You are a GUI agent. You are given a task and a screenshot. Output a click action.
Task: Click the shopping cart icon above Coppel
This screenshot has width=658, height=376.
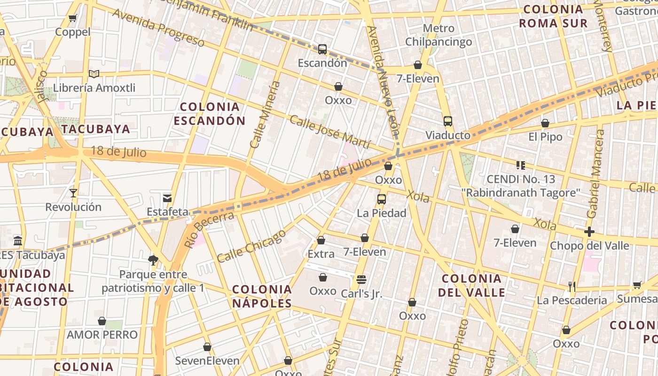pyautogui.click(x=72, y=18)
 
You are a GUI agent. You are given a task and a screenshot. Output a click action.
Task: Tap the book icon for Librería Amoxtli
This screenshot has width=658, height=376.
pyautogui.click(x=94, y=74)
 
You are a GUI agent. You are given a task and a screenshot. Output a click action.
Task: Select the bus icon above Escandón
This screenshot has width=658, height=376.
pyautogui.click(x=322, y=49)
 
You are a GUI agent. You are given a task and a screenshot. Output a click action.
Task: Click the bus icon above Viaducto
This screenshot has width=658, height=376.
pyautogui.click(x=448, y=121)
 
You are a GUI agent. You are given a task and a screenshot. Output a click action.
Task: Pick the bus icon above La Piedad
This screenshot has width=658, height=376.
pyautogui.click(x=382, y=199)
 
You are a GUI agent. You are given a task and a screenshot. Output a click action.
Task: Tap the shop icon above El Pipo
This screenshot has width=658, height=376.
pyautogui.click(x=545, y=124)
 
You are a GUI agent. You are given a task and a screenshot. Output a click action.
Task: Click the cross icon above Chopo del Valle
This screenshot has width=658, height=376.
pyautogui.click(x=589, y=232)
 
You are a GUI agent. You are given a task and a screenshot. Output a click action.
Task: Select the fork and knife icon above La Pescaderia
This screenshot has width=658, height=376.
pyautogui.click(x=572, y=286)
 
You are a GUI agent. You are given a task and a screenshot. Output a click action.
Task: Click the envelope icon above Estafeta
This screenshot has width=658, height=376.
pyautogui.click(x=167, y=198)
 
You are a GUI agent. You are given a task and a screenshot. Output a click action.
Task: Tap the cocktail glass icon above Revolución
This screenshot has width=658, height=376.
pyautogui.click(x=73, y=193)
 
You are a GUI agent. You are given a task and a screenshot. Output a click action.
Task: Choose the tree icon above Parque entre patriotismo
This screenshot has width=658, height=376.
pyautogui.click(x=153, y=260)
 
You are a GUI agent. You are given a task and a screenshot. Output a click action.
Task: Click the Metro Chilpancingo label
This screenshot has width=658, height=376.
pyautogui.click(x=439, y=35)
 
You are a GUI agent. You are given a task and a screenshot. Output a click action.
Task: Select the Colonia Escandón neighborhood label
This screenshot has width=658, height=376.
pyautogui.click(x=209, y=114)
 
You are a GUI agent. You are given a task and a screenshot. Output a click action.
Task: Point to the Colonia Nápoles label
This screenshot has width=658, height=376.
pyautogui.click(x=262, y=296)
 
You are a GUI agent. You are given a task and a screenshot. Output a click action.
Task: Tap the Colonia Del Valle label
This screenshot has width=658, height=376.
pyautogui.click(x=471, y=285)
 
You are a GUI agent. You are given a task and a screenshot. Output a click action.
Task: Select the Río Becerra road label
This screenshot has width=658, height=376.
pyautogui.click(x=209, y=229)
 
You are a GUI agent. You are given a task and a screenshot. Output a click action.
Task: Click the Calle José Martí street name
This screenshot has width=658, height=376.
pyautogui.click(x=330, y=132)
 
